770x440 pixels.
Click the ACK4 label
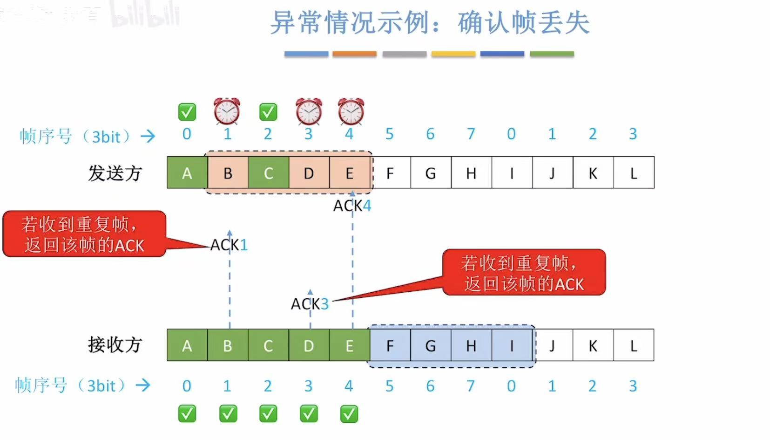pyautogui.click(x=352, y=206)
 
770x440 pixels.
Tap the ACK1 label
pyautogui.click(x=229, y=245)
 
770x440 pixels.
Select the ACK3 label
pyautogui.click(x=310, y=304)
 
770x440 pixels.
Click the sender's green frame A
pyautogui.click(x=187, y=173)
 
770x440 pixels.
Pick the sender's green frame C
pyautogui.click(x=268, y=173)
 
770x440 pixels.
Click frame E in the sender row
pyautogui.click(x=350, y=173)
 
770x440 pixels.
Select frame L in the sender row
pyautogui.click(x=634, y=173)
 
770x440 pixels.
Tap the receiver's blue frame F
pyautogui.click(x=390, y=345)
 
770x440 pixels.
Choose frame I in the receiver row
pyautogui.click(x=512, y=345)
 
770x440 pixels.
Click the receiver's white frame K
pyautogui.click(x=593, y=345)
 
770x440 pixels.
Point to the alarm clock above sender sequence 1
pyautogui.click(x=227, y=111)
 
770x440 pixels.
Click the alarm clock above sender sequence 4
pyautogui.click(x=351, y=111)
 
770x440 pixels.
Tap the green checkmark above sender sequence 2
pyautogui.click(x=268, y=112)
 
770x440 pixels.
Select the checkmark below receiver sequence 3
pyautogui.click(x=309, y=413)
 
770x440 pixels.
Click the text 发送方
pyautogui.click(x=115, y=173)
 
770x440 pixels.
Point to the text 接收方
pyautogui.click(x=115, y=345)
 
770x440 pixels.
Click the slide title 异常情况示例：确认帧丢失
pyautogui.click(x=430, y=22)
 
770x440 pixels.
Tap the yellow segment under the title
pyautogui.click(x=453, y=54)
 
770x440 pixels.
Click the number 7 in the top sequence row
pyautogui.click(x=471, y=134)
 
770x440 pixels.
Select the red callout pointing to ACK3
pyautogui.click(x=524, y=273)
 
